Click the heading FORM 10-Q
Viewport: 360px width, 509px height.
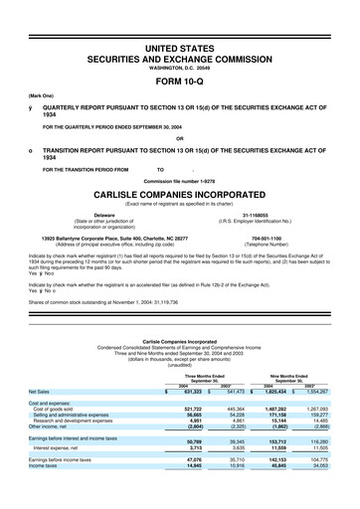click(x=180, y=69)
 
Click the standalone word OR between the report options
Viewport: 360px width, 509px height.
click(x=180, y=137)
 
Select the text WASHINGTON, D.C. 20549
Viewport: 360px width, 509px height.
click(x=180, y=53)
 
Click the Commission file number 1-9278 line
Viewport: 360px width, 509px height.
click(x=180, y=180)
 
